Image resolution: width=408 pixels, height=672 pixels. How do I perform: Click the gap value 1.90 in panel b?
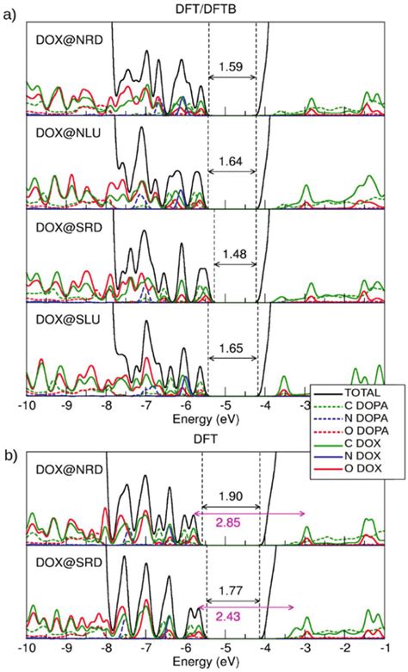coord(232,496)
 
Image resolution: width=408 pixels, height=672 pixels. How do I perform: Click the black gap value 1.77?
coord(232,590)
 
